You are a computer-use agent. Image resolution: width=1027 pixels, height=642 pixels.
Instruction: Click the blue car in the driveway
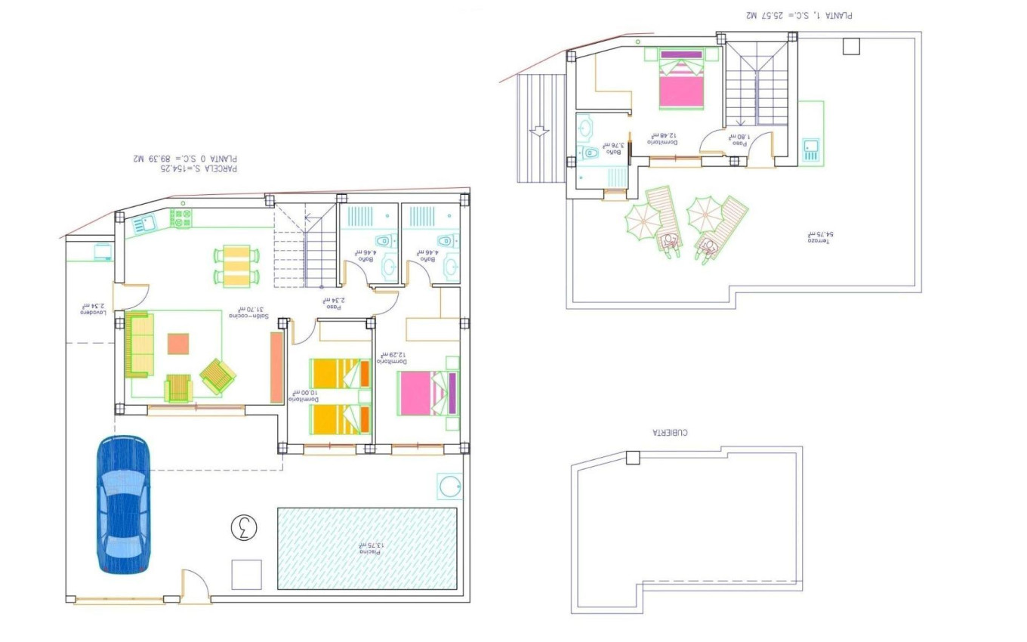pos(123,505)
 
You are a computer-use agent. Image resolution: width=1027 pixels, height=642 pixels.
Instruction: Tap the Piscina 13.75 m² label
pos(367,549)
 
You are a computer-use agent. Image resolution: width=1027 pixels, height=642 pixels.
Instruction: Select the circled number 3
pos(243,527)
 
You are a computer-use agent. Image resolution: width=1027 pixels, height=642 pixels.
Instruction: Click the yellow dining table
pos(236,266)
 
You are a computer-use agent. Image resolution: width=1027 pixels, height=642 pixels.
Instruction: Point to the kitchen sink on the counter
pos(143,224)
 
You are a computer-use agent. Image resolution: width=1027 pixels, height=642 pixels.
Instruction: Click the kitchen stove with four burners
pos(182,219)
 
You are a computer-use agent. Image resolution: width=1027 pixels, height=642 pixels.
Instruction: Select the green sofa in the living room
pos(139,344)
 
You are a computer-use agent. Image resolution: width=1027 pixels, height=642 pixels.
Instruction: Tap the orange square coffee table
pos(179,344)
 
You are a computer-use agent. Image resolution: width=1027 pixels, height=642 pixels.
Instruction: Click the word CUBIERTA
pos(670,433)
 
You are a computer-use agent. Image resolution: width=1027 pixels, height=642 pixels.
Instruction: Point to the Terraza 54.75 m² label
pos(819,235)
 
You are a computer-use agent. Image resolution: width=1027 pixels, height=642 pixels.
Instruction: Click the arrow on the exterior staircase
pos(539,131)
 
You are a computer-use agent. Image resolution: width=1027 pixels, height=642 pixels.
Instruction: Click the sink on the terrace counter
pos(811,150)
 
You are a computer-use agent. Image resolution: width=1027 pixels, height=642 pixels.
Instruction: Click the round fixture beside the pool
pos(450,486)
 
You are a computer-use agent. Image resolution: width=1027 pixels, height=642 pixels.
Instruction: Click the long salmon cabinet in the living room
pos(276,367)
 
